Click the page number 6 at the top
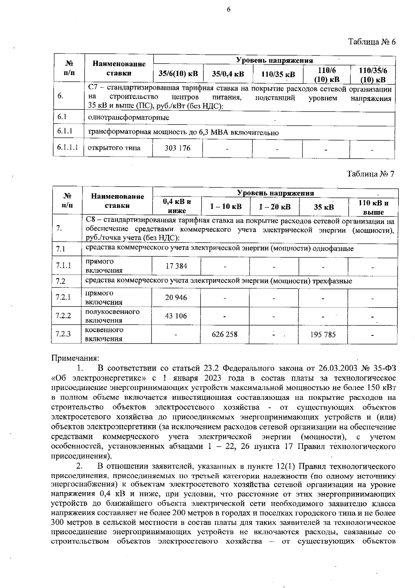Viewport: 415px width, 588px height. coord(229,10)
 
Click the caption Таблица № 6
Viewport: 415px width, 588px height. coord(371,42)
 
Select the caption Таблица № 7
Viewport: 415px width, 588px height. coord(370,174)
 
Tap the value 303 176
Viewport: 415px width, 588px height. coord(177,148)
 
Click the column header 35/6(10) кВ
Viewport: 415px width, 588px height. coord(178,74)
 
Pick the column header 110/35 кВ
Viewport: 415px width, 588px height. coord(278,74)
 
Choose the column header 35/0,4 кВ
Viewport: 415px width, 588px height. coord(228,74)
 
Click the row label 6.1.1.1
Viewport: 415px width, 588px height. coord(68,148)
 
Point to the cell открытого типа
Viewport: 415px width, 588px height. coord(114,148)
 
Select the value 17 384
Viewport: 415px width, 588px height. coord(176,266)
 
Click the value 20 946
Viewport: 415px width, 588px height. coord(176,297)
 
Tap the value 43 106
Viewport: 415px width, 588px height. coord(176,316)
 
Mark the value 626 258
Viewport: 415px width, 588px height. coord(225,334)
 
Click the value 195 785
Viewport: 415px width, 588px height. coord(322,334)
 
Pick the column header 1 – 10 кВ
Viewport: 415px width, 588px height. coord(226,207)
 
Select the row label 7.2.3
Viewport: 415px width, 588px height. coord(63,334)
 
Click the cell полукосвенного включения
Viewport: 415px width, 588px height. coord(112,316)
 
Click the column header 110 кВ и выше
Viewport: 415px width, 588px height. coord(373,207)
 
